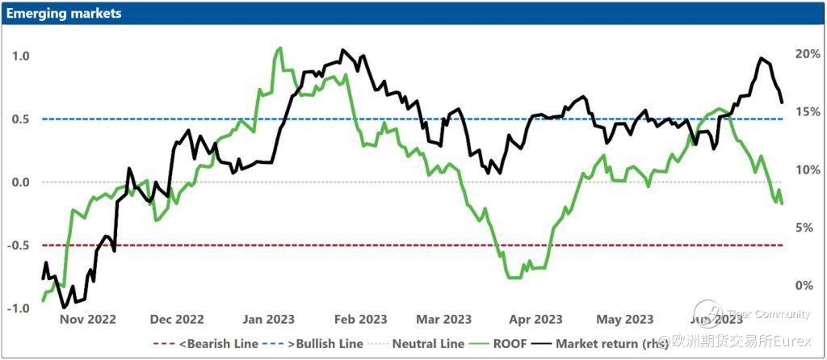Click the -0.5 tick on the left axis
pyautogui.click(x=20, y=245)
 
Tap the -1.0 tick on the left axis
pyautogui.click(x=20, y=308)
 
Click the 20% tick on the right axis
pyautogui.click(x=808, y=54)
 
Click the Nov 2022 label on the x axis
pyautogui.click(x=89, y=320)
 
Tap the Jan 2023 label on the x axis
pyautogui.click(x=269, y=320)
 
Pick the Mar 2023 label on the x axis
pyautogui.click(x=445, y=320)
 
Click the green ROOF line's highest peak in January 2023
pyautogui.click(x=279, y=48)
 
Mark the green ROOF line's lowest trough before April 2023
pyautogui.click(x=513, y=278)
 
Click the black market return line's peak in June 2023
pyautogui.click(x=761, y=59)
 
